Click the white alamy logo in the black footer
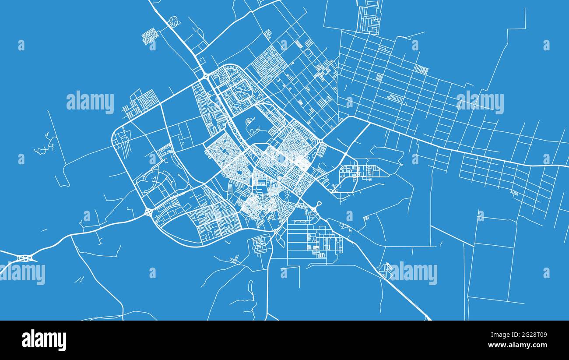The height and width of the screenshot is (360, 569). point(44,340)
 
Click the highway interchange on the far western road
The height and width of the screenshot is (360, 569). point(26,258)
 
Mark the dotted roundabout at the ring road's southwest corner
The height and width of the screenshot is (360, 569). point(149,212)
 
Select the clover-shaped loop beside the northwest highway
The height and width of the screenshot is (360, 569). point(174,21)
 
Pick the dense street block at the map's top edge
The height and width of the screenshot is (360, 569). point(369,18)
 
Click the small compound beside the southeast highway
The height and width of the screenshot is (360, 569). point(386,269)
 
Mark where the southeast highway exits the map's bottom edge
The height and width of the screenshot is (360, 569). point(429,319)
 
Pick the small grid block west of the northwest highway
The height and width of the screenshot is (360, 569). point(150,36)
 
